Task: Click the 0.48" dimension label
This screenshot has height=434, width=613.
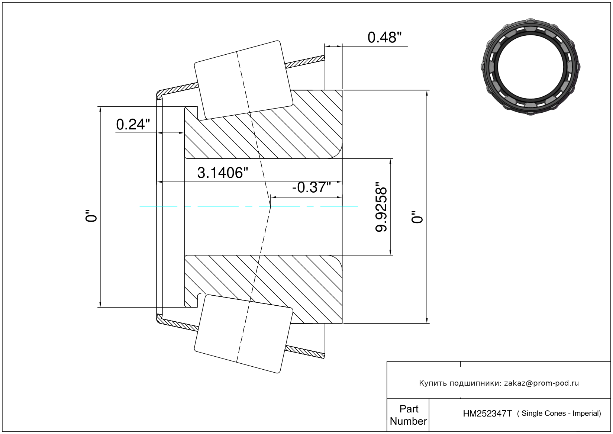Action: [x=384, y=38]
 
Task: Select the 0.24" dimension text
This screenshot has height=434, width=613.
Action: [x=133, y=124]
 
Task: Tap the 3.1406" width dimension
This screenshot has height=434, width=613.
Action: [x=222, y=173]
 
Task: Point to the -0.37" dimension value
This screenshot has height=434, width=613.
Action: [x=312, y=187]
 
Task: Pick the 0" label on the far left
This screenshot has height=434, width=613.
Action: [x=91, y=216]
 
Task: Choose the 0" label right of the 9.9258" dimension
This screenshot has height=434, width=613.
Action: [x=417, y=217]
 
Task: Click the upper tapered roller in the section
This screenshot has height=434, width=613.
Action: [x=243, y=80]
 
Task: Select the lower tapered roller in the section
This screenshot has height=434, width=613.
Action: [x=243, y=334]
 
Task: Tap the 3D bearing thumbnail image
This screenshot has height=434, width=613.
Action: [x=530, y=67]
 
